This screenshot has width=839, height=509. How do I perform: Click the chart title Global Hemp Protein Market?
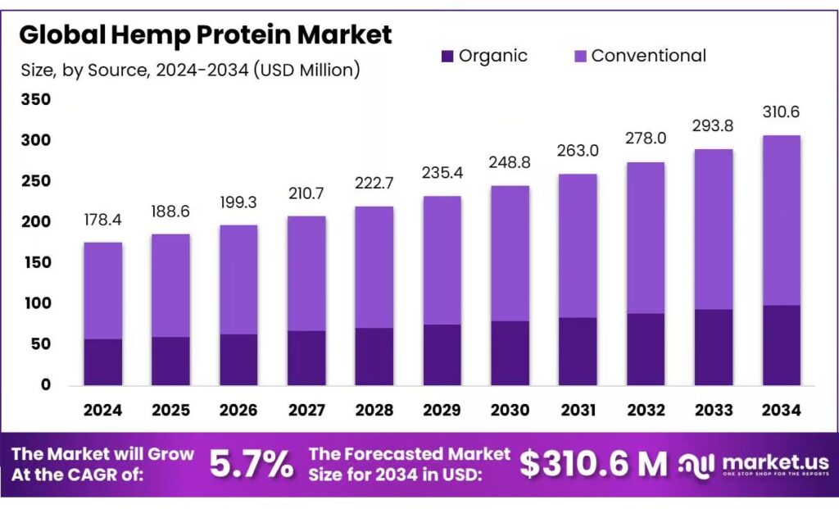click(206, 34)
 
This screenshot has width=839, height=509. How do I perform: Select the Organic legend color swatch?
click(447, 56)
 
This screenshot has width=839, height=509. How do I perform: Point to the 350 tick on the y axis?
click(35, 100)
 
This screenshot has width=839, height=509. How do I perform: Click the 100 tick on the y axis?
click(35, 303)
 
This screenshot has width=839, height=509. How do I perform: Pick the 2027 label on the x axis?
click(306, 409)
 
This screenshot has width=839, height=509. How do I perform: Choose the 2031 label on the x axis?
click(577, 409)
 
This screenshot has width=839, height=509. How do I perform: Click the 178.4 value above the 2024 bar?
click(103, 220)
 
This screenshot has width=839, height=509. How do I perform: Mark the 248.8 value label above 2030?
click(509, 163)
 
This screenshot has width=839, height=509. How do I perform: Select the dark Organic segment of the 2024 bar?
click(103, 361)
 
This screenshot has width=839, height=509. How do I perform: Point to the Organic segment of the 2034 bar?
click(780, 345)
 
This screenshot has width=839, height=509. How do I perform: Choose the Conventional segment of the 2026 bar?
click(238, 279)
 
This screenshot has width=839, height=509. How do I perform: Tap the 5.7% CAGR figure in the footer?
click(252, 465)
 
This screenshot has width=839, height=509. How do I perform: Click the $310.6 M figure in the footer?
click(594, 465)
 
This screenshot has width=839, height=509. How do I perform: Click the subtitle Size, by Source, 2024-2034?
click(190, 70)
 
